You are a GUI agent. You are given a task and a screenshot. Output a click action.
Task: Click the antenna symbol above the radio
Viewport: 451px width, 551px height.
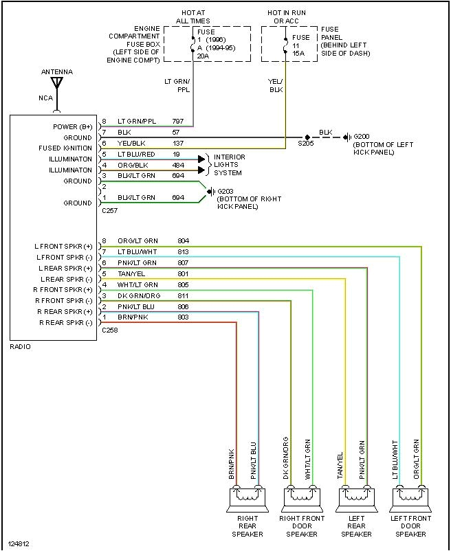tap(57, 84)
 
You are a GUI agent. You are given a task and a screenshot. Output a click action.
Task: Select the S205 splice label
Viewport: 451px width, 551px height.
tap(306, 144)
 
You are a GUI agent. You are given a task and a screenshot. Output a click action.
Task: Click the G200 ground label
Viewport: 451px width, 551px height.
tap(362, 137)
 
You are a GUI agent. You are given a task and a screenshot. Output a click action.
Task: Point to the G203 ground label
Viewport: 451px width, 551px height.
tap(225, 191)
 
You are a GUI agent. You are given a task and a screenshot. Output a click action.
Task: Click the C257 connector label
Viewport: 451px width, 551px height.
tap(109, 212)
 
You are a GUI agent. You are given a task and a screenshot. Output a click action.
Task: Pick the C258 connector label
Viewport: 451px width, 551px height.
tap(109, 330)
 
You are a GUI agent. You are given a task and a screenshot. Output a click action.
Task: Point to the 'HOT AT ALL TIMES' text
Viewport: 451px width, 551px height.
tap(192, 16)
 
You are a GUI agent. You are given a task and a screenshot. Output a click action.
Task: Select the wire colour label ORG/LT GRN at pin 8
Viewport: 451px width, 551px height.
tap(137, 241)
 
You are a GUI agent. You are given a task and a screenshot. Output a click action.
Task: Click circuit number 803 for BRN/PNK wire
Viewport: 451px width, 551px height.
tap(183, 317)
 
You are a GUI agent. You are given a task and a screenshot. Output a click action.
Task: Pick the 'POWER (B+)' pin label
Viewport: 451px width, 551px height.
tap(72, 126)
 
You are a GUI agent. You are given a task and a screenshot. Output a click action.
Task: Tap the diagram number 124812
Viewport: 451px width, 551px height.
tap(21, 544)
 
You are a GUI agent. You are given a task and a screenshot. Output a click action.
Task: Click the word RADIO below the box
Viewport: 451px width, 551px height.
tap(21, 347)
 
